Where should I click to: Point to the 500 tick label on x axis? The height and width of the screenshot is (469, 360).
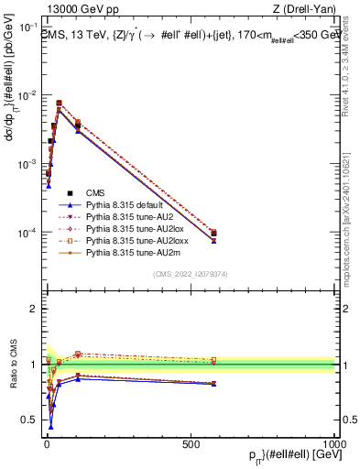(x=191, y=442)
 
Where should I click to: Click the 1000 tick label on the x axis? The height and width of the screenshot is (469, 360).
(x=336, y=442)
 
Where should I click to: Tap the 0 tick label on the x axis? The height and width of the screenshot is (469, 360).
(x=46, y=442)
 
